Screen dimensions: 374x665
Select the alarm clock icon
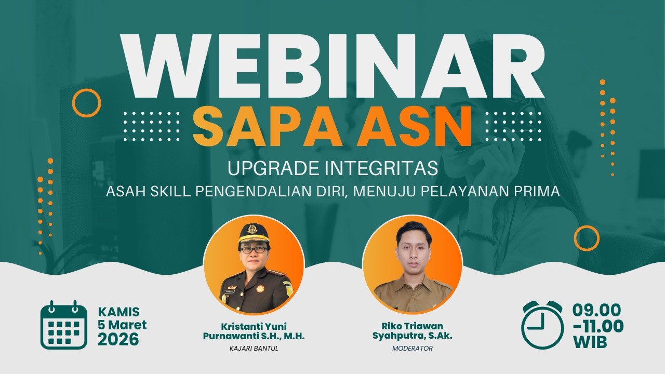(x=542, y=325)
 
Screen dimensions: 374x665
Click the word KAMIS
(x=119, y=312)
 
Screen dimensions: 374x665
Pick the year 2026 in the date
(x=118, y=340)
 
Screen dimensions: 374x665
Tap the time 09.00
(x=596, y=311)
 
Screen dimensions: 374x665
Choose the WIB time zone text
(x=590, y=342)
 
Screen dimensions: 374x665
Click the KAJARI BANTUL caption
(x=254, y=348)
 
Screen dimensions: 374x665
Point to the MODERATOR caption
(x=413, y=348)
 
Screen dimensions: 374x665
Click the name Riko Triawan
(x=413, y=326)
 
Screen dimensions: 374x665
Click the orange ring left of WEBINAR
(x=86, y=102)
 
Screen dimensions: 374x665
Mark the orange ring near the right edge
(x=587, y=238)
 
